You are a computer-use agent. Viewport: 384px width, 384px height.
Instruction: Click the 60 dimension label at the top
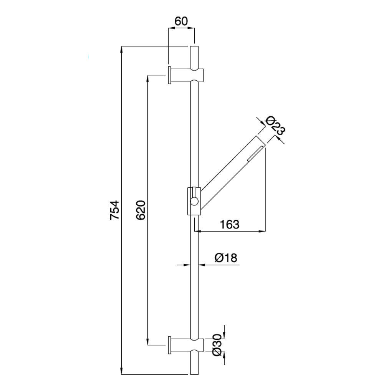[x=181, y=21]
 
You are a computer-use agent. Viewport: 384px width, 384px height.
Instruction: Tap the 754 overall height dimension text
[x=114, y=210]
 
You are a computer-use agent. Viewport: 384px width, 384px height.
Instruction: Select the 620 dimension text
[x=141, y=210]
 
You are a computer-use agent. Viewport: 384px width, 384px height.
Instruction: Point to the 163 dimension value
[x=230, y=224]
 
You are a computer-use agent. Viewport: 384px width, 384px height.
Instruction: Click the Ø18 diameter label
[x=226, y=258]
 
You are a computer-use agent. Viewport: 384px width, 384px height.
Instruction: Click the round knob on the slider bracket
[x=194, y=201]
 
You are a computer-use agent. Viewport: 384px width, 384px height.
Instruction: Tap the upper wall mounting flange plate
[x=169, y=75]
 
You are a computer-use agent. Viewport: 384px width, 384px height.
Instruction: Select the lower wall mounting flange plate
[x=169, y=345]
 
